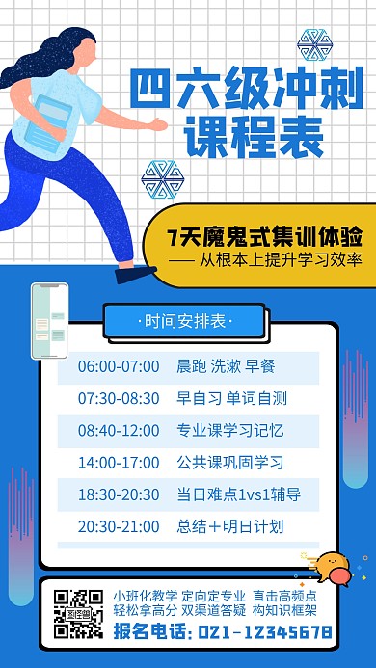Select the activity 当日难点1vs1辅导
click(x=238, y=494)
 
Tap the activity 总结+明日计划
click(x=229, y=527)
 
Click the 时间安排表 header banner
click(x=188, y=318)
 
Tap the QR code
click(x=78, y=614)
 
